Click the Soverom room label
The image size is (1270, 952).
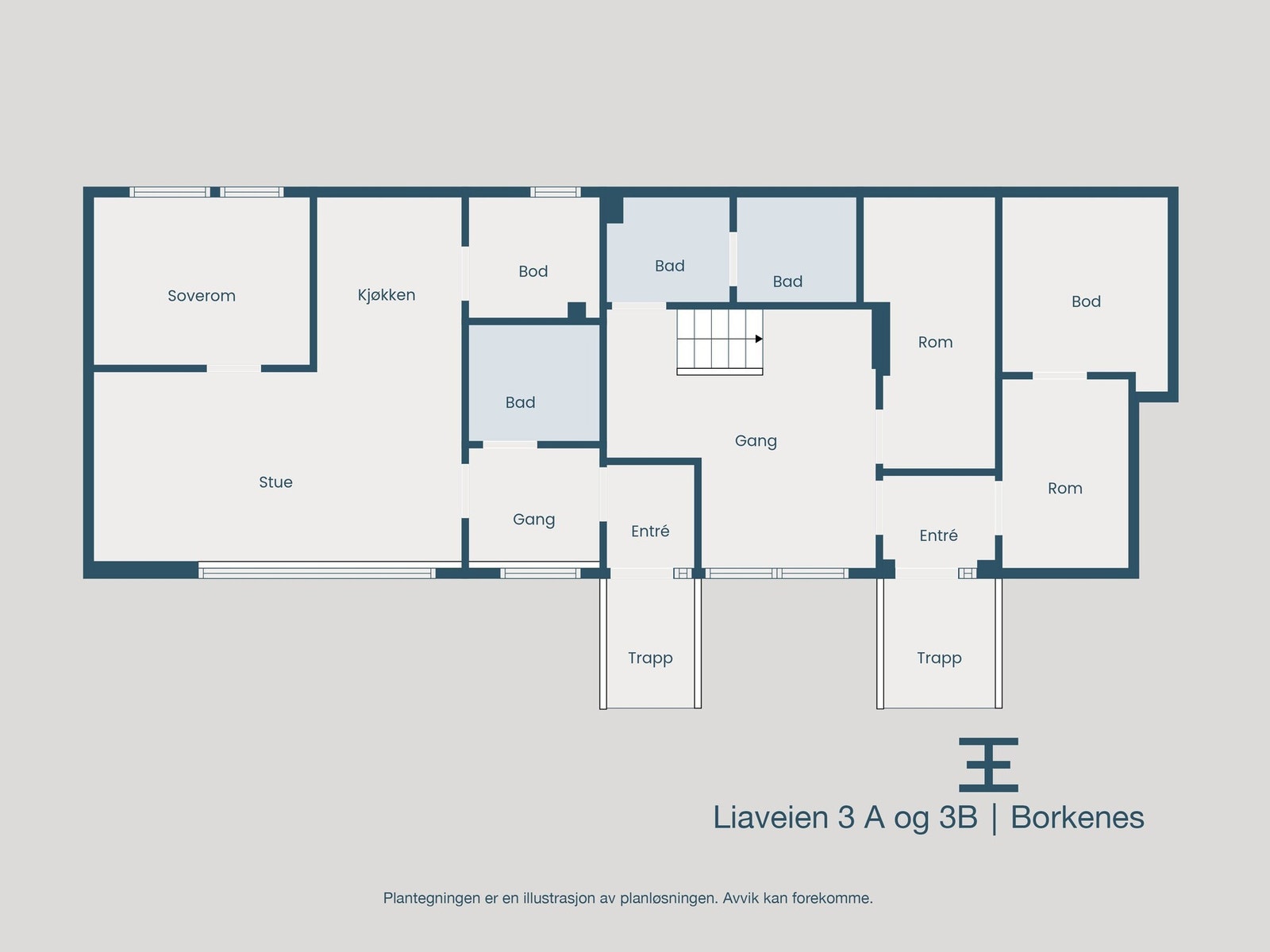(x=202, y=296)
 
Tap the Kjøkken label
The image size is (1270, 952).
(x=387, y=295)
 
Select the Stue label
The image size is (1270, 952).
(x=275, y=482)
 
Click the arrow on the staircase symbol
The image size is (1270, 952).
(x=759, y=339)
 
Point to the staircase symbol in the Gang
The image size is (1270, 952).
(x=719, y=341)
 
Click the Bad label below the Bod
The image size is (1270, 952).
(x=520, y=402)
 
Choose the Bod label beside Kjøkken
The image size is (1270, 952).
(x=533, y=271)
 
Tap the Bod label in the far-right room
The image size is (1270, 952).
(x=1086, y=301)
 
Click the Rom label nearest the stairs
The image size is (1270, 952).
(x=935, y=342)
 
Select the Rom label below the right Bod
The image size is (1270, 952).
(x=1064, y=489)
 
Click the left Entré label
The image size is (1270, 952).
(x=650, y=532)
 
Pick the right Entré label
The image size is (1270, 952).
(x=938, y=535)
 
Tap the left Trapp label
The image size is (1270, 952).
(x=650, y=658)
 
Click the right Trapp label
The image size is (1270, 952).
(x=939, y=658)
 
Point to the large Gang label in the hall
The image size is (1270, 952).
(x=756, y=441)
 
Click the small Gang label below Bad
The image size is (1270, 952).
(x=533, y=520)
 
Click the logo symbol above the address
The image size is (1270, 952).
(x=988, y=765)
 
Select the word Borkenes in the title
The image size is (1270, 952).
(x=1077, y=817)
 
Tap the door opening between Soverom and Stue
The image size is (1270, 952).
(x=233, y=368)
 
